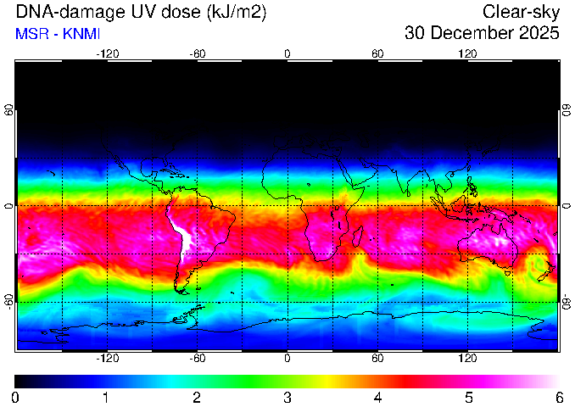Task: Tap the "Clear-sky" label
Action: pyautogui.click(x=521, y=13)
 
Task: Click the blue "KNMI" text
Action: pyautogui.click(x=81, y=34)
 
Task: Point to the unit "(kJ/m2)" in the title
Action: pyautogui.click(x=236, y=13)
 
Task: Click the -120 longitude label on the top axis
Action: pyautogui.click(x=108, y=54)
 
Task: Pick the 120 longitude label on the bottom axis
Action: pyautogui.click(x=467, y=358)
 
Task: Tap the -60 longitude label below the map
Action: pyautogui.click(x=198, y=358)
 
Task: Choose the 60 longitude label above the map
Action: pyautogui.click(x=377, y=54)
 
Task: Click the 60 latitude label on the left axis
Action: pyautogui.click(x=8, y=109)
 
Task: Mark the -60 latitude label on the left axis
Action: pyautogui.click(x=8, y=301)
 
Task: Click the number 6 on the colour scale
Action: pyautogui.click(x=559, y=398)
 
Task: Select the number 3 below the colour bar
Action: pyautogui.click(x=287, y=398)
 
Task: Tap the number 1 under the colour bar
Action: pyautogui.click(x=105, y=398)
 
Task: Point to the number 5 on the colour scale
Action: pyautogui.click(x=469, y=398)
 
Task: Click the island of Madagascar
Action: pyautogui.click(x=358, y=236)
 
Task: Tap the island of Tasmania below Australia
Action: pyautogui.click(x=507, y=273)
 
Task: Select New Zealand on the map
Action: pyautogui.click(x=547, y=271)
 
